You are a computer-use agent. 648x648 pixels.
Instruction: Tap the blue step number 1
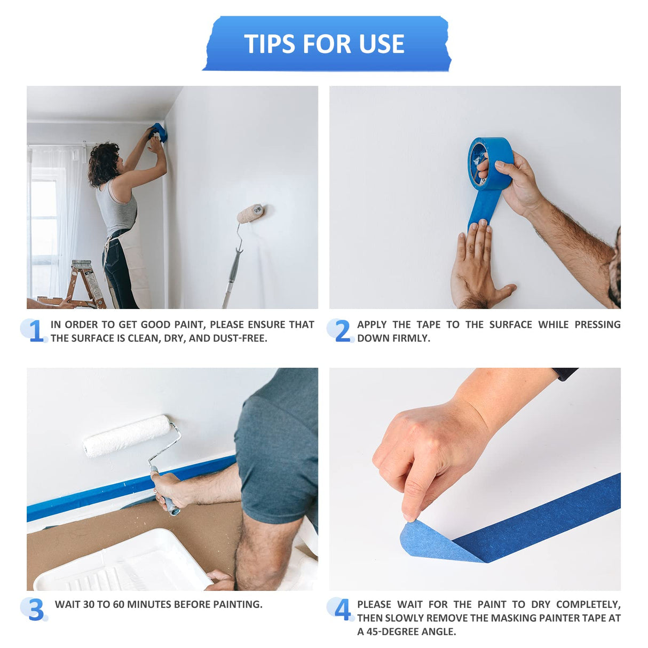[36, 331]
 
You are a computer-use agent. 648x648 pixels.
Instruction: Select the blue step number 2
[342, 331]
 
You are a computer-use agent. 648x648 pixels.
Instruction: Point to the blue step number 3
[36, 610]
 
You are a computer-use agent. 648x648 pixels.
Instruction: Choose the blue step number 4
[342, 610]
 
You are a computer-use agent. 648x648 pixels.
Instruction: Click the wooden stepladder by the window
[85, 283]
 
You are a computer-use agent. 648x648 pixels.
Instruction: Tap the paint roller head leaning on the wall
[251, 212]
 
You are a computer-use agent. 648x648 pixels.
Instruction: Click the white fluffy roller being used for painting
[127, 436]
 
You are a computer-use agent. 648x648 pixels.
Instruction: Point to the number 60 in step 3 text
[119, 605]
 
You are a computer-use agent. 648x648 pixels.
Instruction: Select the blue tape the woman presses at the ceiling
[159, 131]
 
